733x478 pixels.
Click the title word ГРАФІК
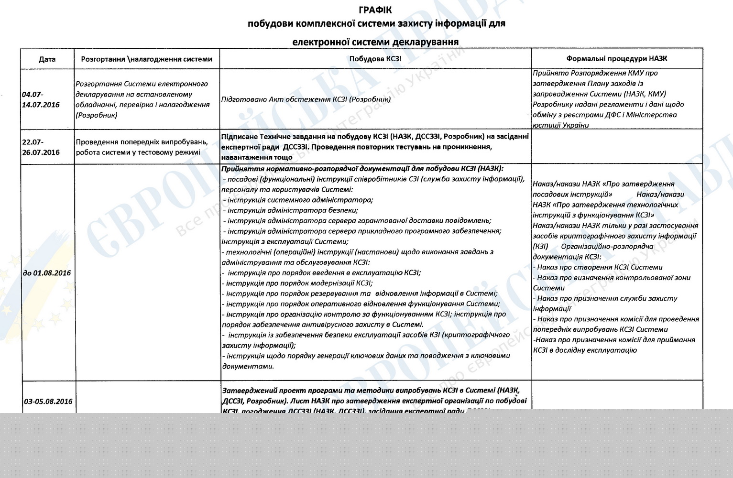376,10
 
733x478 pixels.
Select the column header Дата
47,59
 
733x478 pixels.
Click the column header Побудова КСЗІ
375,59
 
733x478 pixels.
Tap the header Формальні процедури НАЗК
616,59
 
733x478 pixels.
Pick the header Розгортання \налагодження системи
146,59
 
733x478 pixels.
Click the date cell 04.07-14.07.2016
41,99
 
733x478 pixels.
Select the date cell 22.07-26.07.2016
41,147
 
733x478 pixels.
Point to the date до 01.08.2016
47,273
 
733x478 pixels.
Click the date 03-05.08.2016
48,401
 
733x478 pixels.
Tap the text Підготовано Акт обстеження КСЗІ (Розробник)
306,99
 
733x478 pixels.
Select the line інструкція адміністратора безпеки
292,210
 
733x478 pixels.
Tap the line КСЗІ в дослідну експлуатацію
585,350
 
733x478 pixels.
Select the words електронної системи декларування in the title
375,42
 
